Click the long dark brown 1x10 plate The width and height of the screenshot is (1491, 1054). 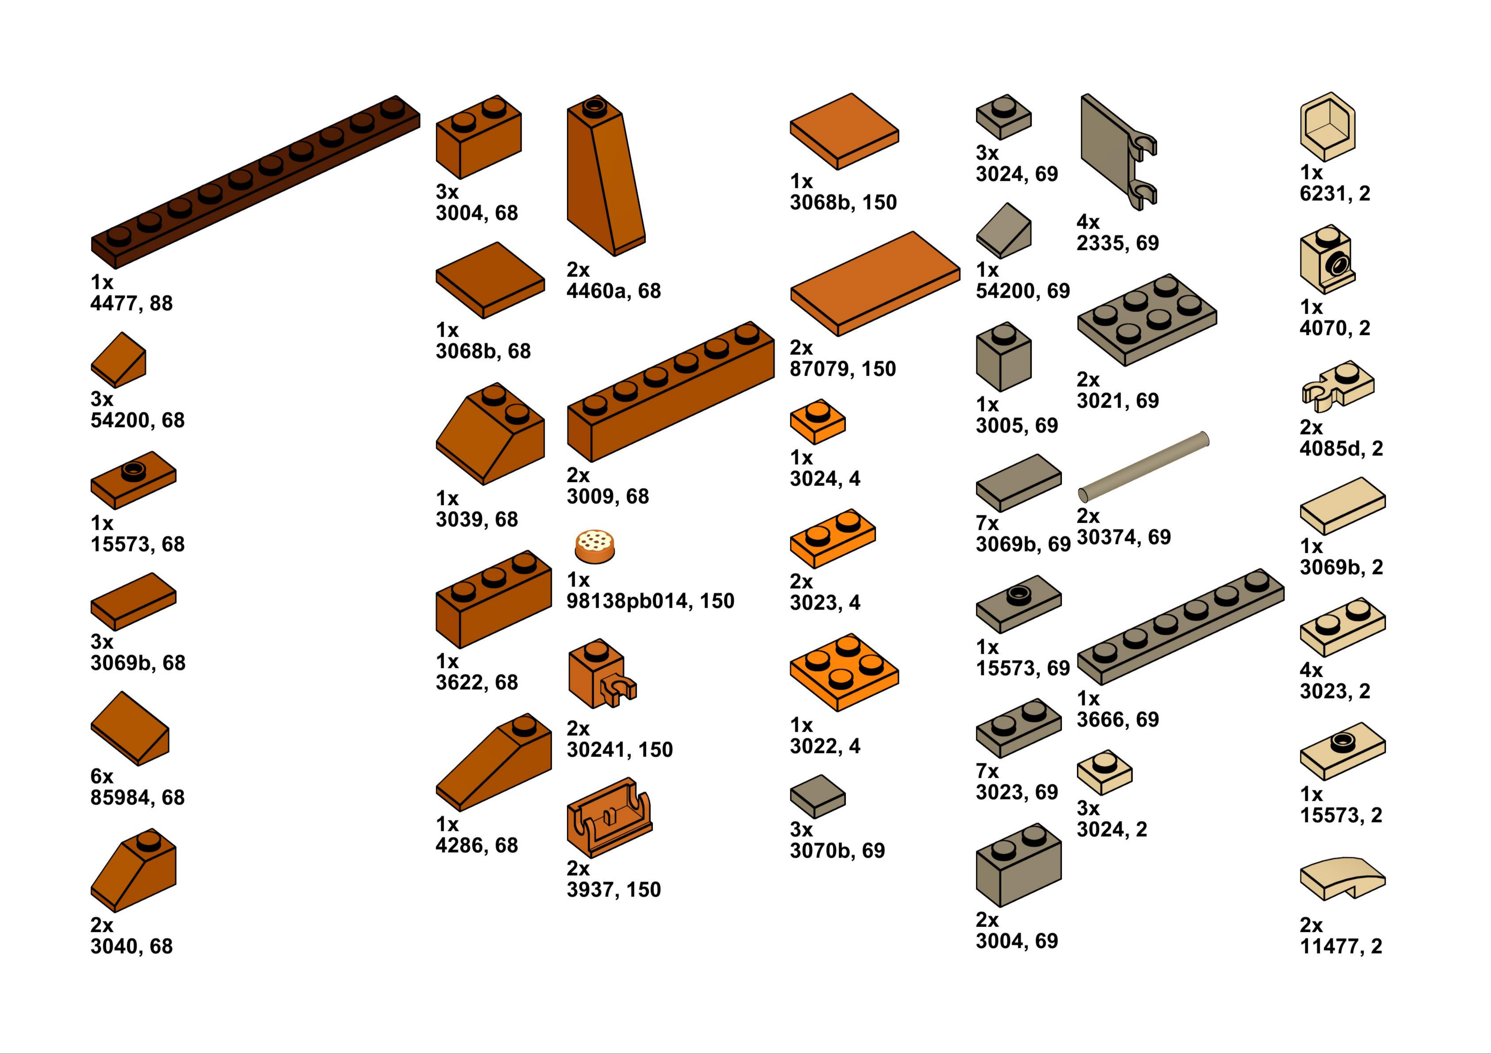255,182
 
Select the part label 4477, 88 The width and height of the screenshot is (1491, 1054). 132,303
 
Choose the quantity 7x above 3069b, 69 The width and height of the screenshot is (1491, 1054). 987,523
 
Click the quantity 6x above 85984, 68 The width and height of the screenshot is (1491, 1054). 102,776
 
